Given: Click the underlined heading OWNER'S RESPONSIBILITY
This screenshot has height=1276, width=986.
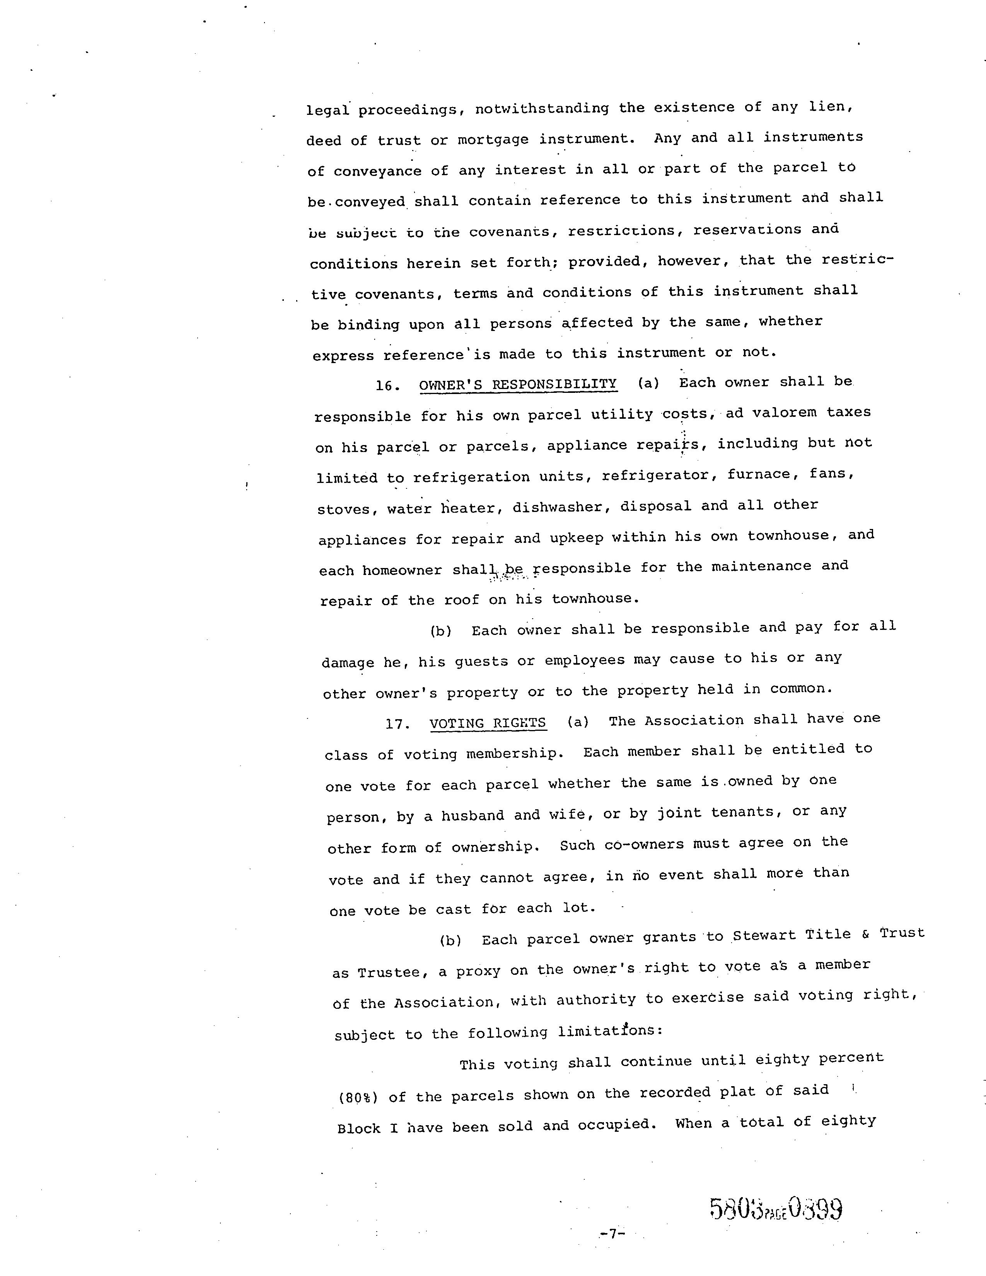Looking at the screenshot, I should [x=517, y=384].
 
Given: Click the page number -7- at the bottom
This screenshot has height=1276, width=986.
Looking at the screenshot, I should [x=612, y=1234].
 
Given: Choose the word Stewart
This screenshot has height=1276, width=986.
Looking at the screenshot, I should [x=764, y=935].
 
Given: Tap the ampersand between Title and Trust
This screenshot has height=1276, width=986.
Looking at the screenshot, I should [x=865, y=934].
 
